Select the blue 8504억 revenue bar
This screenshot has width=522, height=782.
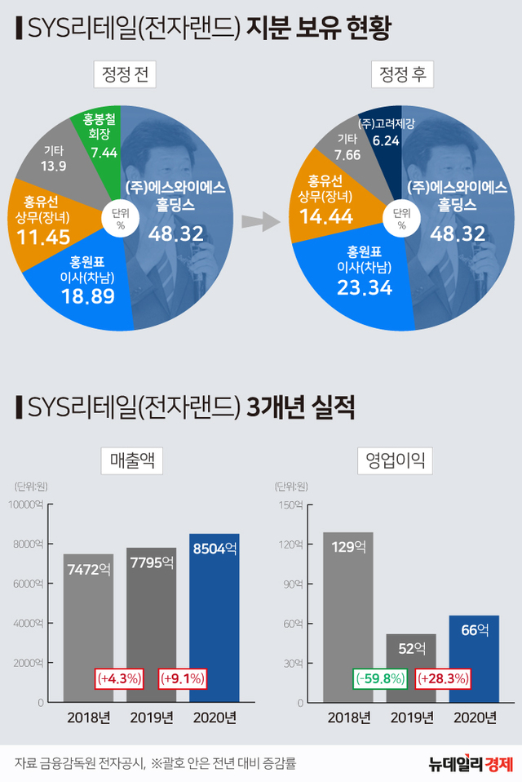coord(214,617)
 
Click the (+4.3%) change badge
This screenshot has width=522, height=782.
coord(120,678)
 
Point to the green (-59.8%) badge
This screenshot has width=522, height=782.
coord(380,678)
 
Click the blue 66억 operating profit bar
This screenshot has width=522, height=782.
coord(474,658)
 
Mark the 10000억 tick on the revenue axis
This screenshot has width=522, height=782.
coord(28,504)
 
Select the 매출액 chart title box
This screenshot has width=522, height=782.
coord(131,461)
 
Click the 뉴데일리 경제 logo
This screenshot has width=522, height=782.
coord(471,763)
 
